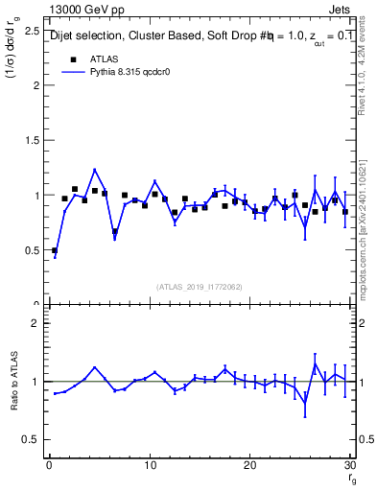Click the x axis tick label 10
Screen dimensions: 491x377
pyautogui.click(x=149, y=465)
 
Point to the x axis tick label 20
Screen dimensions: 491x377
pyautogui.click(x=249, y=465)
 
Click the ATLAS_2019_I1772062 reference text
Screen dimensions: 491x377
pyautogui.click(x=200, y=287)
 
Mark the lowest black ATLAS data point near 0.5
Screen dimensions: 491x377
pyautogui.click(x=55, y=250)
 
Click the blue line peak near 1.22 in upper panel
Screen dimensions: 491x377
pyautogui.click(x=95, y=170)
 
